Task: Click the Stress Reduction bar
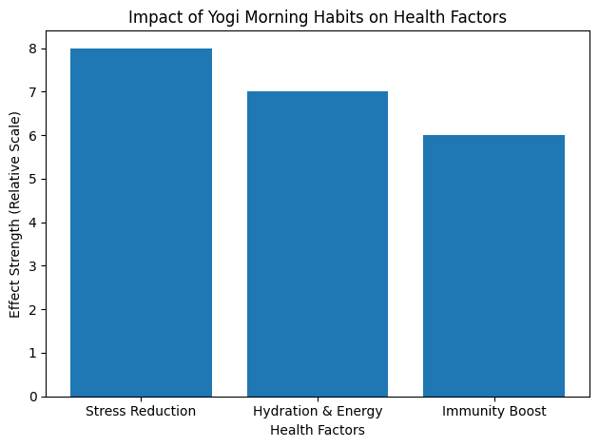click(141, 222)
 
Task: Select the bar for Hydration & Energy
click(318, 243)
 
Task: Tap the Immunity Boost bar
click(493, 265)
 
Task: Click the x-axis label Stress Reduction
click(141, 411)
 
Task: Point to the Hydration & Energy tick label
click(318, 411)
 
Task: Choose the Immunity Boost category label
click(493, 411)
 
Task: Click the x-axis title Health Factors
click(318, 430)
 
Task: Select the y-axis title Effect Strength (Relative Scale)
click(14, 214)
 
